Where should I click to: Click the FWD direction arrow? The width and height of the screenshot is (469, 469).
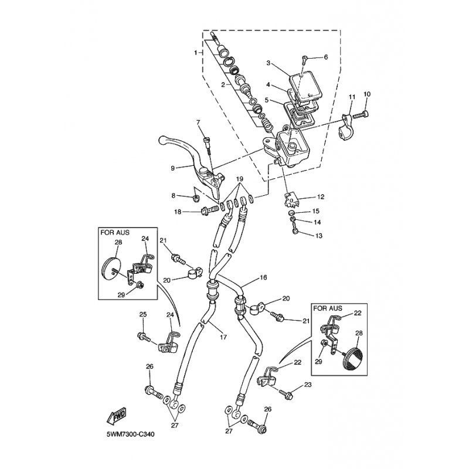tap(117, 416)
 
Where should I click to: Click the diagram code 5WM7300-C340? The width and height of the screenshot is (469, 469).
tap(131, 434)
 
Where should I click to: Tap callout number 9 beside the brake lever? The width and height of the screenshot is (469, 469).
tap(172, 168)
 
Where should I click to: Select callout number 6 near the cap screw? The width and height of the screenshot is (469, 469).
tap(326, 57)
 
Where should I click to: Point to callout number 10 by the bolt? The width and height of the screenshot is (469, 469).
tap(367, 94)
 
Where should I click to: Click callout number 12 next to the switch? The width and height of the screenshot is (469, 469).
tap(321, 197)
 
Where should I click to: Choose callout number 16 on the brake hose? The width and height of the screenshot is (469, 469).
tap(263, 277)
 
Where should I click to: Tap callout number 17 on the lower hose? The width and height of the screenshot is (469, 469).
tap(223, 337)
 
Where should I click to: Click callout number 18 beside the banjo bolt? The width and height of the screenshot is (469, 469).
tap(178, 212)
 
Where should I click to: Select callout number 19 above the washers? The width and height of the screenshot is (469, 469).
tap(239, 179)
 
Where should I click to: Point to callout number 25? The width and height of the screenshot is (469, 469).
tap(143, 314)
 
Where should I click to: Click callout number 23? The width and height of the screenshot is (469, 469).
tap(308, 385)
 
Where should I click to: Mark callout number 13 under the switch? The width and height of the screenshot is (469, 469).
tap(319, 236)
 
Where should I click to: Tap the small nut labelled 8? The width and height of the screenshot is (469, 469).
tap(196, 198)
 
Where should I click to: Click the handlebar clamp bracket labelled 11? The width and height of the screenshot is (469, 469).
tap(346, 127)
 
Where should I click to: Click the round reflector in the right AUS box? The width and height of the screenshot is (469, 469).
tap(354, 358)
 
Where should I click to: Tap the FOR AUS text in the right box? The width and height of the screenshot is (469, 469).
tap(328, 308)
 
